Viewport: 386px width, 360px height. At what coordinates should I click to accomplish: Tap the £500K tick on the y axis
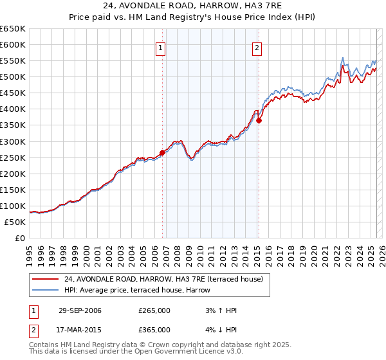[x=13, y=76]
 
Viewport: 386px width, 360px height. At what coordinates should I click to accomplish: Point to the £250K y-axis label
[x=13, y=157]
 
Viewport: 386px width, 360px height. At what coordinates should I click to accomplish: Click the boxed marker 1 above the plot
[x=160, y=46]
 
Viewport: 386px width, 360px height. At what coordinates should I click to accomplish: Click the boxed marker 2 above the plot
[x=257, y=46]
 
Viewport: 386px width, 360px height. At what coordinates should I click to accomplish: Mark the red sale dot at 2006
[x=162, y=152]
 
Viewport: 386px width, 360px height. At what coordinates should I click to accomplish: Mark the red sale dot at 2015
[x=259, y=120]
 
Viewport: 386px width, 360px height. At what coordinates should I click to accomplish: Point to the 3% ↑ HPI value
[x=219, y=310]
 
